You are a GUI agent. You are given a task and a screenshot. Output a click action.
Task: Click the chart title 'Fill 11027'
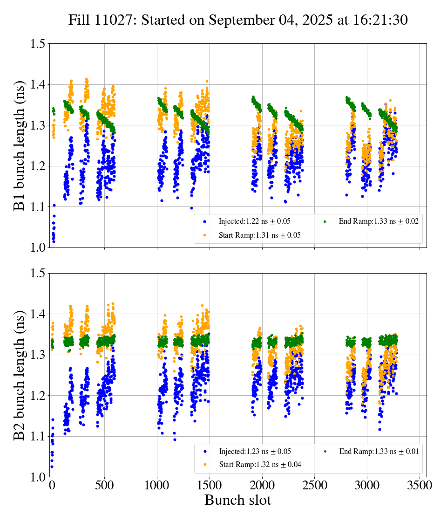click(x=238, y=21)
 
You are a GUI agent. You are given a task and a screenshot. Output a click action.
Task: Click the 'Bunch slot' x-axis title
click(x=237, y=500)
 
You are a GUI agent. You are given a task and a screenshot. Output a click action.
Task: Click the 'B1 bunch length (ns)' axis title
click(x=20, y=145)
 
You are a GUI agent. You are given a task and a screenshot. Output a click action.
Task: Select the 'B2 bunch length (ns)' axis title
click(x=20, y=375)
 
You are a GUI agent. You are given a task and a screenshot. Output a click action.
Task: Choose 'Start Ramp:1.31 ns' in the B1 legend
click(x=259, y=235)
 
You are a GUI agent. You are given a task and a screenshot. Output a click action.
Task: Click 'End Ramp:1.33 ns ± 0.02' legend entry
click(x=379, y=221)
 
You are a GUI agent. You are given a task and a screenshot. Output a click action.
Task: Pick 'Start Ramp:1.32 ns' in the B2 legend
click(x=259, y=465)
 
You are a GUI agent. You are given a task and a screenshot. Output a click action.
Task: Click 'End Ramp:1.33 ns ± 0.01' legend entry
click(x=379, y=451)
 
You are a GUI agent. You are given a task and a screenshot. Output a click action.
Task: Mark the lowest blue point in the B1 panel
click(x=54, y=241)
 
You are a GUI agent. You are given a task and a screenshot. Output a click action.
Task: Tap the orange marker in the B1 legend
click(x=205, y=235)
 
